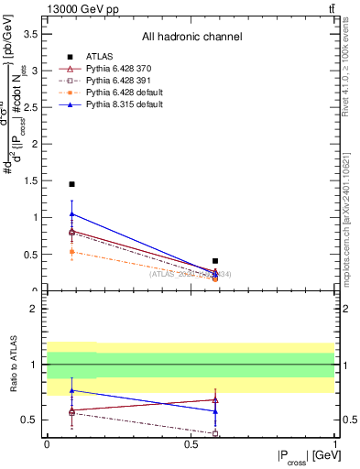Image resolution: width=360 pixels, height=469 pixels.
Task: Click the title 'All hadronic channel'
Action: tap(191, 37)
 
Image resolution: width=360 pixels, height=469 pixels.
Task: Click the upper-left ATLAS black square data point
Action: tap(71, 184)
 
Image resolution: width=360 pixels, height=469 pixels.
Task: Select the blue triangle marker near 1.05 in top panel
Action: tap(71, 214)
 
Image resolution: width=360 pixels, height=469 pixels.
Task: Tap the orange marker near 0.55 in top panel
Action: tap(71, 251)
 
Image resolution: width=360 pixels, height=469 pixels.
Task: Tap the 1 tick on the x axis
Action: tap(333, 444)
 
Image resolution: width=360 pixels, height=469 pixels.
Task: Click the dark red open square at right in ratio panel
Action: tap(215, 432)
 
